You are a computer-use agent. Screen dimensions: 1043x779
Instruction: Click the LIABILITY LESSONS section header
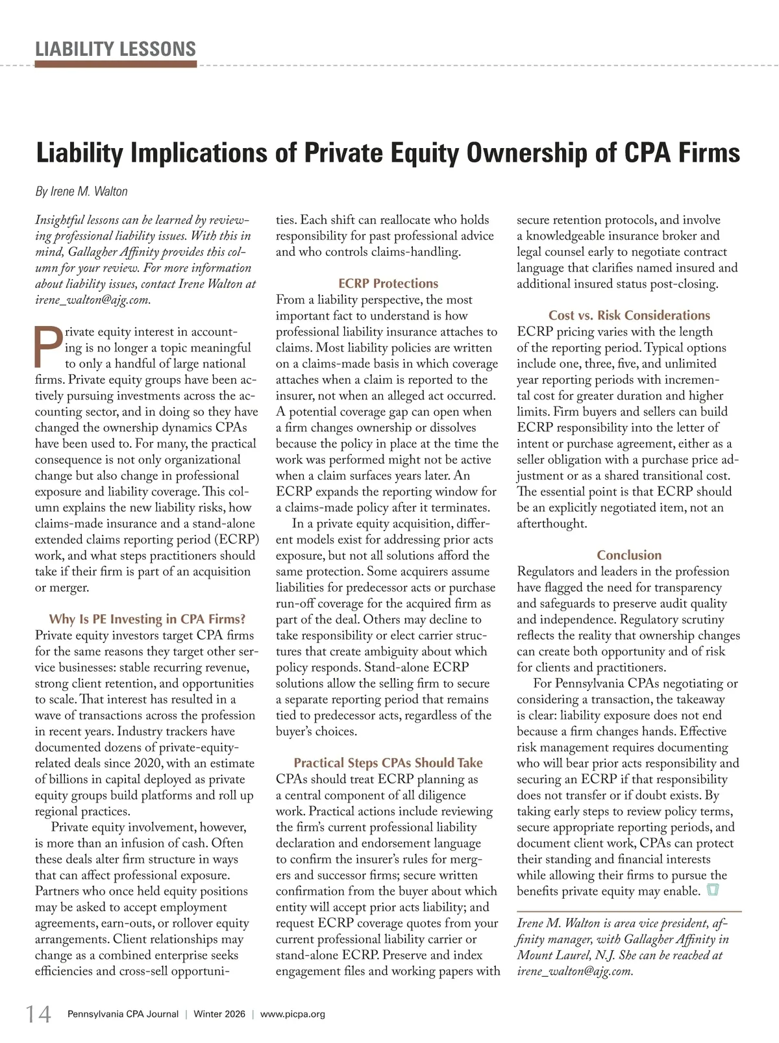pos(116,49)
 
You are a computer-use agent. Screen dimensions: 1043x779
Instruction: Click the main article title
pos(388,153)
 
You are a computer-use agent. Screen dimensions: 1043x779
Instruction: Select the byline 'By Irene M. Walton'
pos(81,192)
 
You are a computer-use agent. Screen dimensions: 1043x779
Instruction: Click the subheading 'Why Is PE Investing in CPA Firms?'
pos(147,619)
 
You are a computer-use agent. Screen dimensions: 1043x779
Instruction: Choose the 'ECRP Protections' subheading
pos(388,284)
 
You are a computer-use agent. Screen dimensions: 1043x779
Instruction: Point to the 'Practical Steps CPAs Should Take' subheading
pos(388,763)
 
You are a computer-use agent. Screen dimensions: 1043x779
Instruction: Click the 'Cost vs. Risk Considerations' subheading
pos(629,316)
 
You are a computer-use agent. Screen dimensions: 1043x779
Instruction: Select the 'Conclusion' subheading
pos(629,555)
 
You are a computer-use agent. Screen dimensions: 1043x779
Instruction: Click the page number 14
pos(38,1014)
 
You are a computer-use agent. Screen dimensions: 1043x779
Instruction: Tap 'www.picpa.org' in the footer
pos(293,1014)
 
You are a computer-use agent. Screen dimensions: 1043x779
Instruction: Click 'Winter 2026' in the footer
pos(219,1014)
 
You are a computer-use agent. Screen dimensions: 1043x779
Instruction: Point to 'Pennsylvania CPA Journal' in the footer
pos(123,1014)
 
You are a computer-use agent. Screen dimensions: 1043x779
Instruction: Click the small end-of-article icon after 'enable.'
pos(712,890)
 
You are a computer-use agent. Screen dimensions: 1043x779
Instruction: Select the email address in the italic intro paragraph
pos(92,300)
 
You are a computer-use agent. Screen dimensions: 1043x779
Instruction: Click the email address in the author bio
pos(574,972)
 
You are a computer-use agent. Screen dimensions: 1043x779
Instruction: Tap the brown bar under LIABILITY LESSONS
pos(116,64)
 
